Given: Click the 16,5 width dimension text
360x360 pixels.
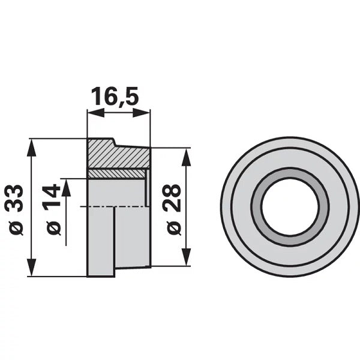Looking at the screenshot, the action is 115,96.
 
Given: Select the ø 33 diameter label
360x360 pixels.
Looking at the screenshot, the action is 14,210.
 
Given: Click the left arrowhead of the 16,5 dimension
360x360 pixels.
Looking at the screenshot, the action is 96,113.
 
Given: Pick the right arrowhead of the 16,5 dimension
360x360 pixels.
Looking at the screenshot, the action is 141,113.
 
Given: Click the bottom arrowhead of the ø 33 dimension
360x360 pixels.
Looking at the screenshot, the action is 32,267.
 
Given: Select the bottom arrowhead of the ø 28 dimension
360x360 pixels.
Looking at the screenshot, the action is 186,257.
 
